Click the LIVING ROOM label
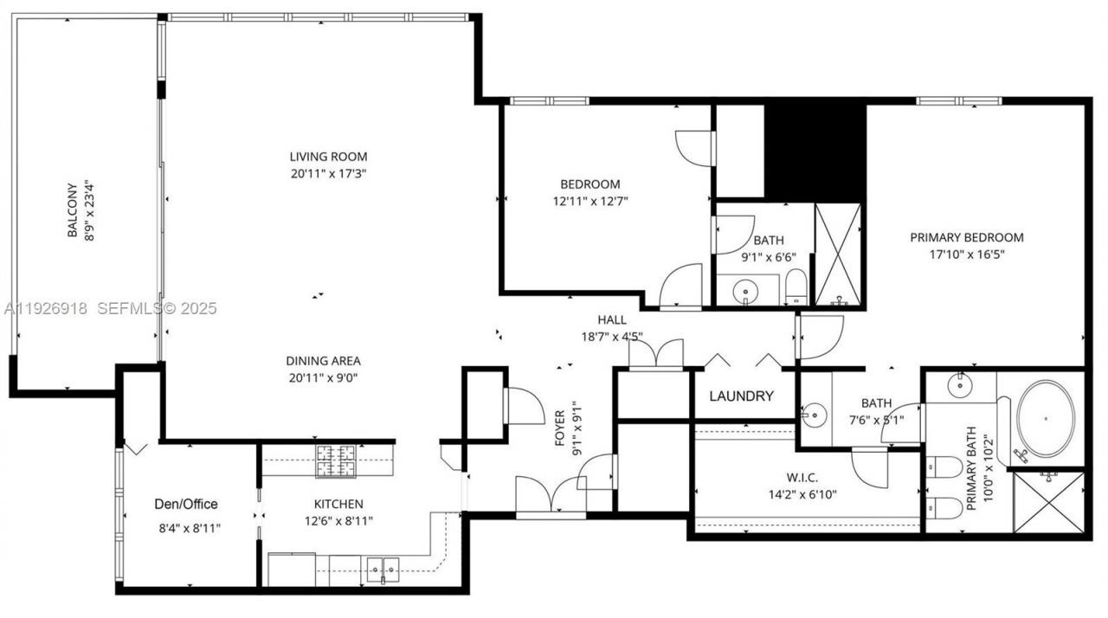point(328,157)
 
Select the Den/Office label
point(186,504)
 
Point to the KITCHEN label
point(338,504)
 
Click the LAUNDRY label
point(741,396)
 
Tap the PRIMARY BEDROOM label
point(966,237)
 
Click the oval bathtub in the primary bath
point(1046,418)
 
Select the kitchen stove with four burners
point(336,460)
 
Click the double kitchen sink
point(382,570)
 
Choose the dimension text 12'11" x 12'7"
point(589,201)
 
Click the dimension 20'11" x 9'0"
point(323,377)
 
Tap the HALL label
point(611,320)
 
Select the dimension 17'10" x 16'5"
point(966,254)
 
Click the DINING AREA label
point(323,361)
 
